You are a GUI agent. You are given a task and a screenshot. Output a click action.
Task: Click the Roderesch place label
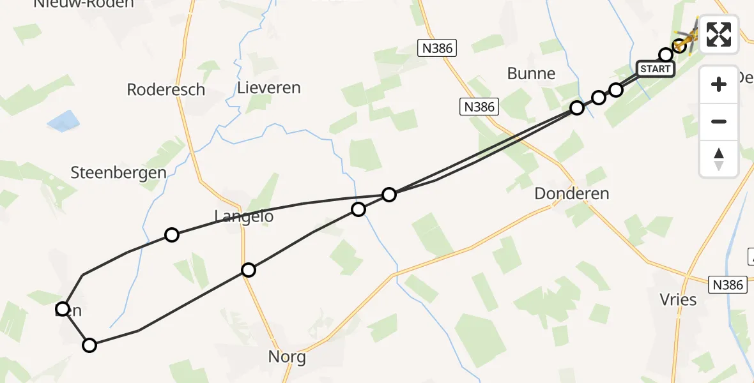(165, 89)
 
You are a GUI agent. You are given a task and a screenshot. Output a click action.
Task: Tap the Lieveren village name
(268, 87)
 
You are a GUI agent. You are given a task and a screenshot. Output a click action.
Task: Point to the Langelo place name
(243, 216)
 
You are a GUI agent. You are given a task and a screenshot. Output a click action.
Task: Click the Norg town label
(288, 357)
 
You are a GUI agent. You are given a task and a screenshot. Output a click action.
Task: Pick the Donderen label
(571, 193)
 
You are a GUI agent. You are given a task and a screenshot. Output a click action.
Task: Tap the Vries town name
(678, 299)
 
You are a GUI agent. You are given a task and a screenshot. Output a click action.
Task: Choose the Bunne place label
(531, 73)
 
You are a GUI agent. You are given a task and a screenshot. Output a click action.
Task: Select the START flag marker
(656, 69)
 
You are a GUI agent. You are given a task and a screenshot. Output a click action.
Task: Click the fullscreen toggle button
(719, 34)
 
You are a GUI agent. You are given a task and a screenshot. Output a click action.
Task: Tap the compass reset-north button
(719, 158)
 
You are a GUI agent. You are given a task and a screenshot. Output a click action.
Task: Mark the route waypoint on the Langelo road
(249, 270)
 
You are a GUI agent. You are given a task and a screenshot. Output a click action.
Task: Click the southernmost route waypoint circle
(89, 345)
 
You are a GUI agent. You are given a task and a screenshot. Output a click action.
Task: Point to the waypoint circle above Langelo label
(171, 235)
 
